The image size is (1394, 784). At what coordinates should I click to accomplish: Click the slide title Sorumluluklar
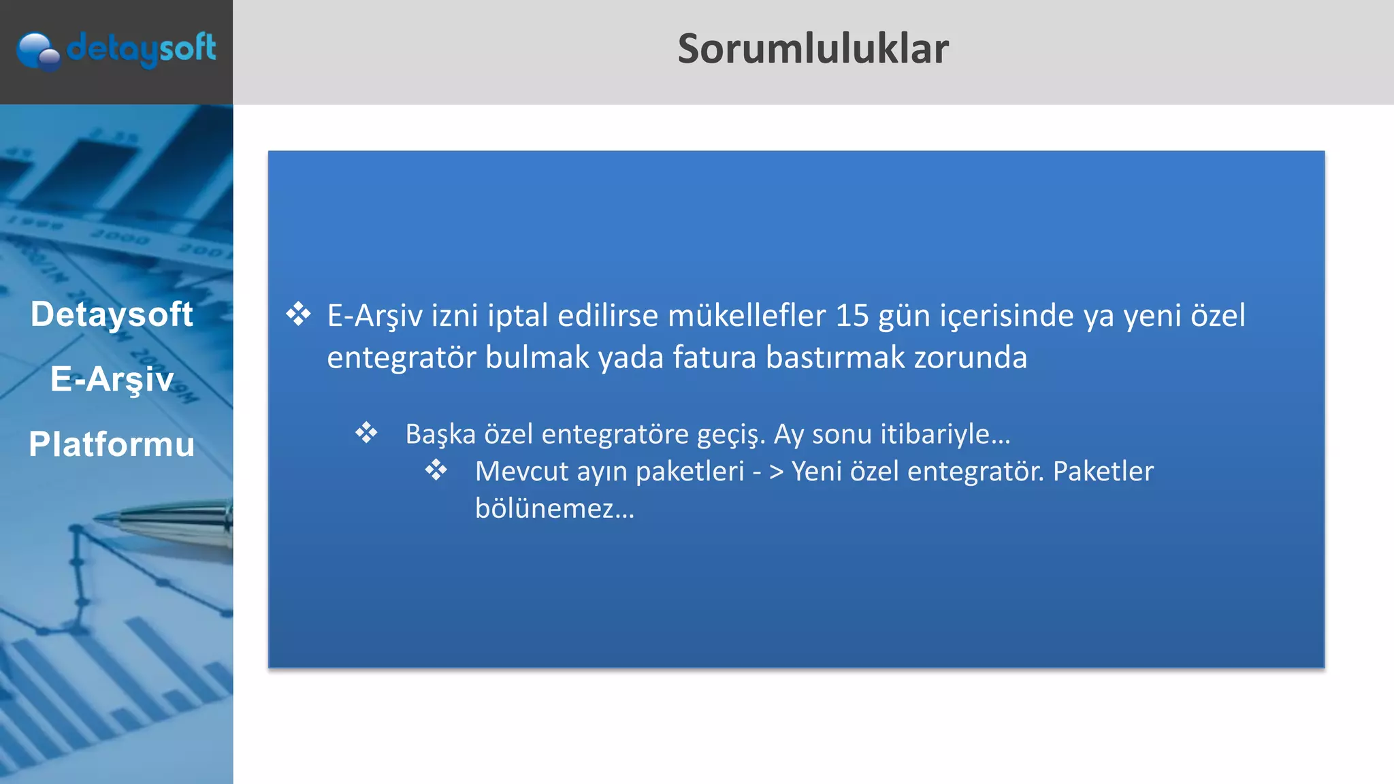tap(813, 49)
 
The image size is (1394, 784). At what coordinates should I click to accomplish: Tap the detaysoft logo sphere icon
tap(37, 52)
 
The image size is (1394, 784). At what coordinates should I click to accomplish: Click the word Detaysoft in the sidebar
tap(112, 314)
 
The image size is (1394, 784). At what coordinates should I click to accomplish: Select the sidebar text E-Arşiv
tap(112, 379)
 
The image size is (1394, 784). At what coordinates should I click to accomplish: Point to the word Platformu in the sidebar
tap(112, 444)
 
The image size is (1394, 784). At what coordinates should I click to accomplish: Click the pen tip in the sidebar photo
tap(102, 519)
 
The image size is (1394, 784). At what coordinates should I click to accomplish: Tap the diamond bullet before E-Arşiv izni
tap(298, 314)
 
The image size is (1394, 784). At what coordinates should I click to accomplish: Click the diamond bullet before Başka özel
tap(366, 433)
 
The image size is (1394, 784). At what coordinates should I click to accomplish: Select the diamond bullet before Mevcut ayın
tap(436, 470)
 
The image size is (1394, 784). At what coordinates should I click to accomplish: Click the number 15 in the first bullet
tap(852, 316)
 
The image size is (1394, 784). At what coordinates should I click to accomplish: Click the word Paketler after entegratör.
tap(1103, 471)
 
